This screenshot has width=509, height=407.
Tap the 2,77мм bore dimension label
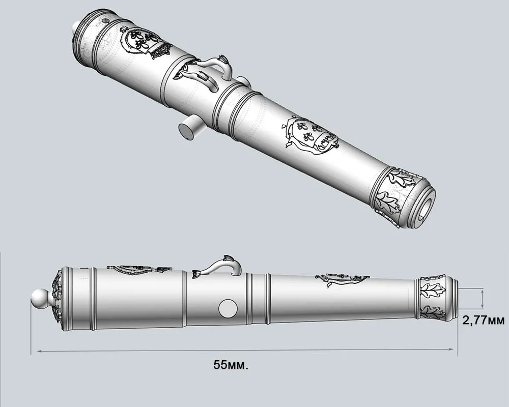(483, 321)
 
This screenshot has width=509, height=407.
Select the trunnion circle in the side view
(228, 307)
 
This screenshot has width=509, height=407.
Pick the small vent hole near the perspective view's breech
(105, 22)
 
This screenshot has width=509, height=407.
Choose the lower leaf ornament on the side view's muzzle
(433, 311)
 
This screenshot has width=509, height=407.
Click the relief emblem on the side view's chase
(341, 279)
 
